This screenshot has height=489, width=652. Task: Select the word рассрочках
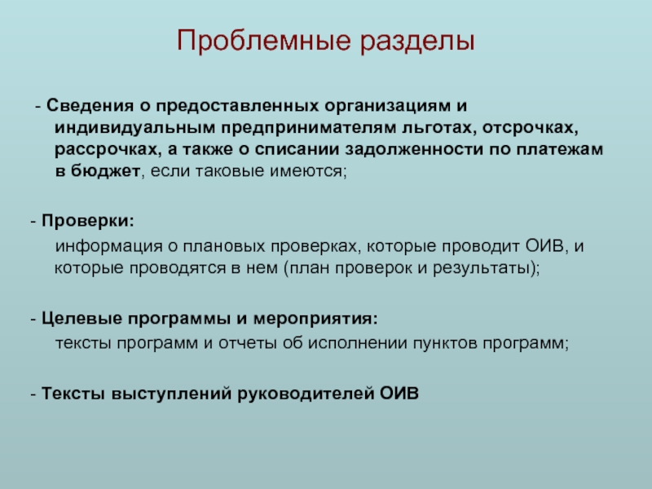(x=96, y=152)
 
